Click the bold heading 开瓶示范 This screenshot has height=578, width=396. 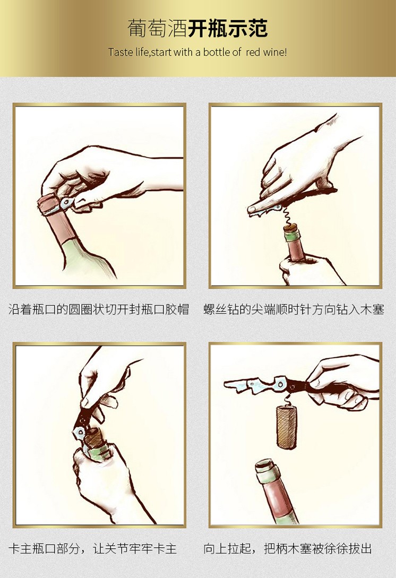pyautogui.click(x=228, y=28)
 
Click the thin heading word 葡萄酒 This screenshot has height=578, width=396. pyautogui.click(x=158, y=28)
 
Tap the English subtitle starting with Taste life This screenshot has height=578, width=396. pyautogui.click(x=197, y=52)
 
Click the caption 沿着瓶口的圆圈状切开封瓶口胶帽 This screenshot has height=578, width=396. pyautogui.click(x=98, y=309)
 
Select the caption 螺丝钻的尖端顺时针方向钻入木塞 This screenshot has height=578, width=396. pyautogui.click(x=294, y=309)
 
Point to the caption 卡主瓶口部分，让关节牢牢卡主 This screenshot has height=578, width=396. pyautogui.click(x=92, y=548)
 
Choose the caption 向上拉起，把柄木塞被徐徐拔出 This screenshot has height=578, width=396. pyautogui.click(x=288, y=548)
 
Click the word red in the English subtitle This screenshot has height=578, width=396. pyautogui.click(x=253, y=53)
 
